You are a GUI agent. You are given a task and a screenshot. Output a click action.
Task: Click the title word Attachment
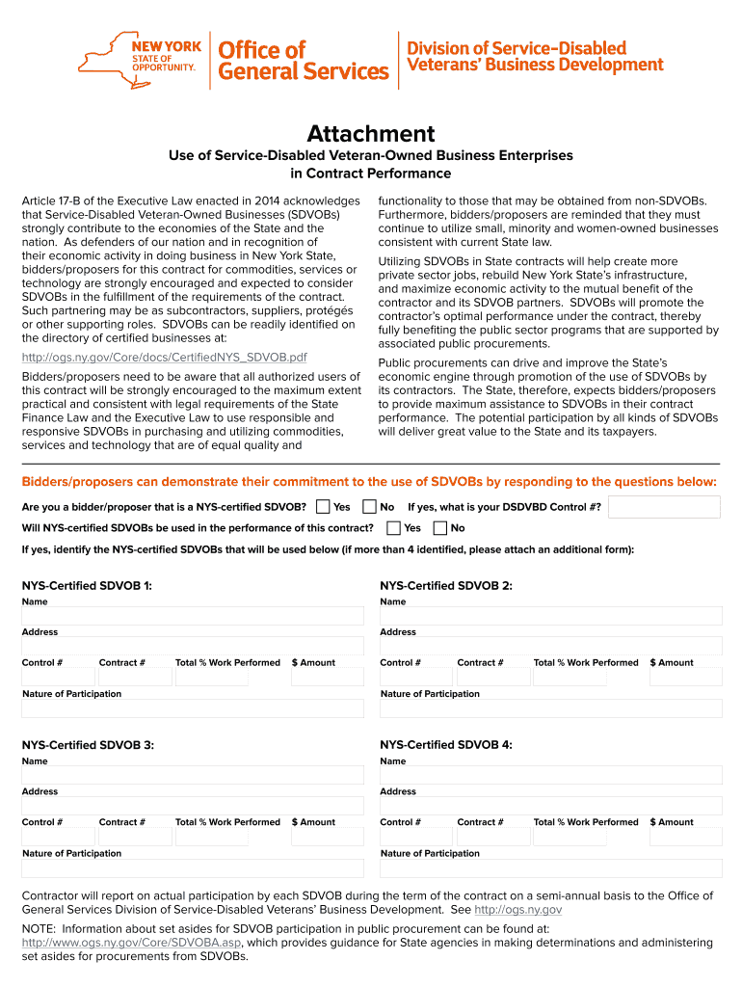click(371, 133)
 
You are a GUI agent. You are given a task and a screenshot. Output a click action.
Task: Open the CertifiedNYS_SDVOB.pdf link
click(165, 358)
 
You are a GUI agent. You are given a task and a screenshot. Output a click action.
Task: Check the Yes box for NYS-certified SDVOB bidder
click(323, 506)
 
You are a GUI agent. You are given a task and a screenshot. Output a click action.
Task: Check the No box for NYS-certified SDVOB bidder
click(369, 506)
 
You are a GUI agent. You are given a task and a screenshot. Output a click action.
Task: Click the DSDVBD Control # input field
click(664, 506)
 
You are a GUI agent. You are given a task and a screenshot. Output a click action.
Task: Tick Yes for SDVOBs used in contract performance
click(393, 527)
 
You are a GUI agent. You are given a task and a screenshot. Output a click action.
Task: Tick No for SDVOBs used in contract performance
click(440, 527)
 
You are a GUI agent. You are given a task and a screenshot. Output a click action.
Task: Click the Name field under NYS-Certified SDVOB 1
click(193, 616)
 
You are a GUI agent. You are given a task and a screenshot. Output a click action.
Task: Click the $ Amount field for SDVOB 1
click(328, 677)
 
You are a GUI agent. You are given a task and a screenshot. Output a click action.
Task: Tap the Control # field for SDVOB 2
click(415, 677)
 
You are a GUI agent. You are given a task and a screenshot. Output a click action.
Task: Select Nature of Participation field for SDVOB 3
click(193, 868)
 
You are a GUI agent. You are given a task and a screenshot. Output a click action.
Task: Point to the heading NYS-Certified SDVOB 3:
click(88, 745)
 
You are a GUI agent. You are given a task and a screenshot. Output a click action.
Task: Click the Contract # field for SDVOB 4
click(492, 837)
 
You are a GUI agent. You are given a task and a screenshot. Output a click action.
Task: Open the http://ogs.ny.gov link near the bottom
click(517, 910)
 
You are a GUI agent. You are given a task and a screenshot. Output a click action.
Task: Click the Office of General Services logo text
click(303, 60)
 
